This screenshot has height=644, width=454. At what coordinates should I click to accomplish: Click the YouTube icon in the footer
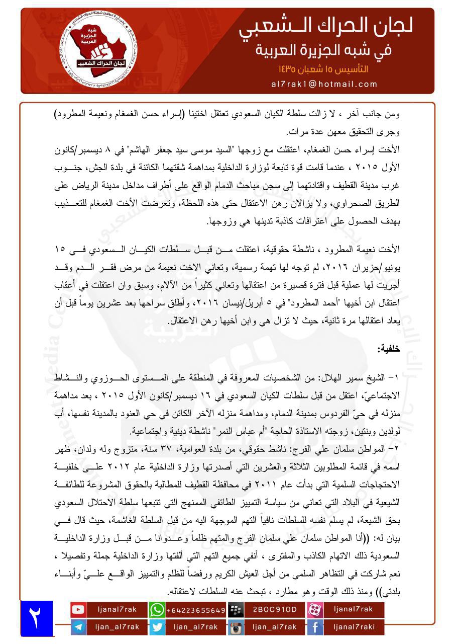click(78, 610)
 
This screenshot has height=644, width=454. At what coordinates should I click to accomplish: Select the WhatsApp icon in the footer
click(157, 610)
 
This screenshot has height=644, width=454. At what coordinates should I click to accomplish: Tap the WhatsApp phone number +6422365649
click(196, 610)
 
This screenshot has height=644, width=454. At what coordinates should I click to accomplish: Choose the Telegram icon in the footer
click(78, 627)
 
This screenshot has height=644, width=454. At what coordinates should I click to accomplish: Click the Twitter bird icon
click(157, 627)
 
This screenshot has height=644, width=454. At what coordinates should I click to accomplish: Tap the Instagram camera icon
click(236, 627)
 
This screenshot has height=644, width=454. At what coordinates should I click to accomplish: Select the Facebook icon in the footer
click(315, 627)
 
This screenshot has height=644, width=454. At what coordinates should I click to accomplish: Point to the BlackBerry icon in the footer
click(236, 610)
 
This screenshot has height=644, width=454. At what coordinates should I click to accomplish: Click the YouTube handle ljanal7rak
click(117, 610)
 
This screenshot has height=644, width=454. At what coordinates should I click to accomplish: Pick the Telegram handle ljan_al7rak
click(117, 627)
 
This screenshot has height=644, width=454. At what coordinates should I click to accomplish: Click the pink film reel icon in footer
click(315, 610)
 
